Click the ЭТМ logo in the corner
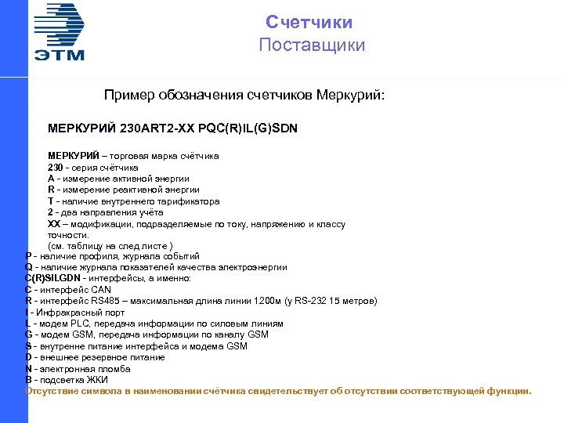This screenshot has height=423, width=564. click(59, 31)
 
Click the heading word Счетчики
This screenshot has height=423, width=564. click(309, 23)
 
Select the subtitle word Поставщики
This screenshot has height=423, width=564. click(312, 45)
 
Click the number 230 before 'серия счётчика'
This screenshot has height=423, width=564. click(55, 167)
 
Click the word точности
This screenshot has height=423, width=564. click(68, 234)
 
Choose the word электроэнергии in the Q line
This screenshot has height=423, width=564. click(251, 267)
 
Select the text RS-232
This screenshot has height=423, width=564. click(317, 301)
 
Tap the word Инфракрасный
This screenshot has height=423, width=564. click(63, 313)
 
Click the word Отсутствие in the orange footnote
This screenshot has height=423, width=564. click(51, 391)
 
